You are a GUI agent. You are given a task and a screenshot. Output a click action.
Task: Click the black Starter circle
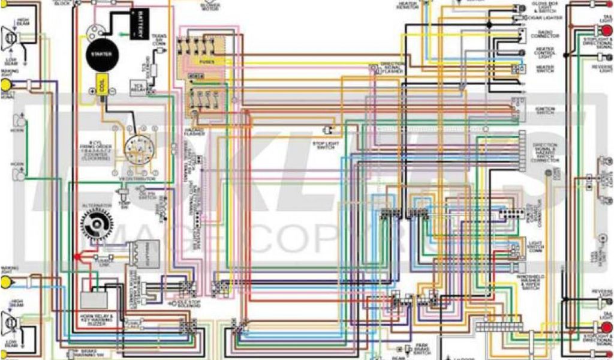point(98,54)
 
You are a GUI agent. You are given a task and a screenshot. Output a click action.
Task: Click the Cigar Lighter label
point(546,18)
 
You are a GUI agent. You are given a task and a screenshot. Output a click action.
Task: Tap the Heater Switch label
point(545,68)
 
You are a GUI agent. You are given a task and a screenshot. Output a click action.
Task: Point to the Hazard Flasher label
point(194,131)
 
